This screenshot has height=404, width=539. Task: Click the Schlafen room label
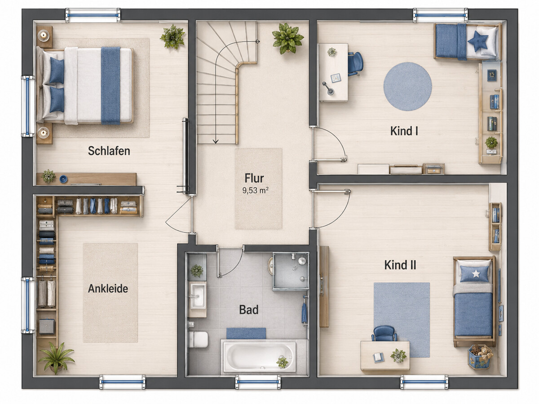coord(109,151)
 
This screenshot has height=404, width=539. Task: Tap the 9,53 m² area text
coord(256,190)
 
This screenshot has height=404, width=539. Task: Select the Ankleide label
coord(108,289)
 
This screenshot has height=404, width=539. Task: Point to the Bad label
coord(249,310)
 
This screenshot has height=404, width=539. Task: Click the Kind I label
coord(404,131)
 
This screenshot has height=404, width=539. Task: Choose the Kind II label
coord(400,265)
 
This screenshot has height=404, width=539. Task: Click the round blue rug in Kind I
coord(408,86)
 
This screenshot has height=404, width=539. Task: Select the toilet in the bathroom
coord(199,339)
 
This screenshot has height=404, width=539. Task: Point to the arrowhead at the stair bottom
coord(216,141)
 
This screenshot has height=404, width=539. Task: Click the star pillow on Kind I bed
coord(478,41)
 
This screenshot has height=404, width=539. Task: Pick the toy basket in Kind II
coord(480,357)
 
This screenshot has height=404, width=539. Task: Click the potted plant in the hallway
coord(288,38)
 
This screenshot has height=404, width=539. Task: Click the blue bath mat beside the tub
coord(246,334)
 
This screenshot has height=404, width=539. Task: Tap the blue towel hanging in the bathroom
coord(304,313)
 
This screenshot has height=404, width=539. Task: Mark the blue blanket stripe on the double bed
coord(110,86)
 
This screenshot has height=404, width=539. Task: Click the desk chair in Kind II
coord(384,334)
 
